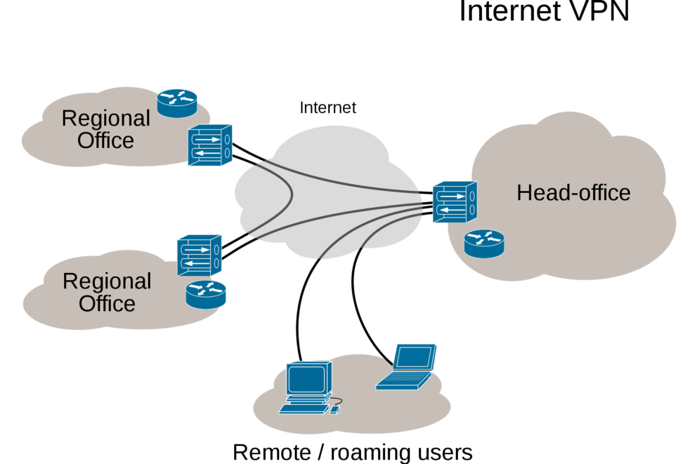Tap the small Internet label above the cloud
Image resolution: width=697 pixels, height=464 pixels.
328,108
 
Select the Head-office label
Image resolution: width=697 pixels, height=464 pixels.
573,192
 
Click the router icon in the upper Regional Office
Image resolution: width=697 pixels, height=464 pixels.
177,102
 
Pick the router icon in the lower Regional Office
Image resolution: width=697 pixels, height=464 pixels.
207,293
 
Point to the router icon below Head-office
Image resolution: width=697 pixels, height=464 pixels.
484,243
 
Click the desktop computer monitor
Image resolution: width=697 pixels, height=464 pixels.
307,381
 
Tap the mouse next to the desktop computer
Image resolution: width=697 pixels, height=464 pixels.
336,409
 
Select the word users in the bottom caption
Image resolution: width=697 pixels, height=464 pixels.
444,451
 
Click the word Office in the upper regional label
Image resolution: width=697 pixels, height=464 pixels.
106,140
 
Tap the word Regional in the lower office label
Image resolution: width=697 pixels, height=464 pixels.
107,281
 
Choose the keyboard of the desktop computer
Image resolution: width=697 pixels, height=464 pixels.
304,408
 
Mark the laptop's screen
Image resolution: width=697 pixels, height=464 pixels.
414,357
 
